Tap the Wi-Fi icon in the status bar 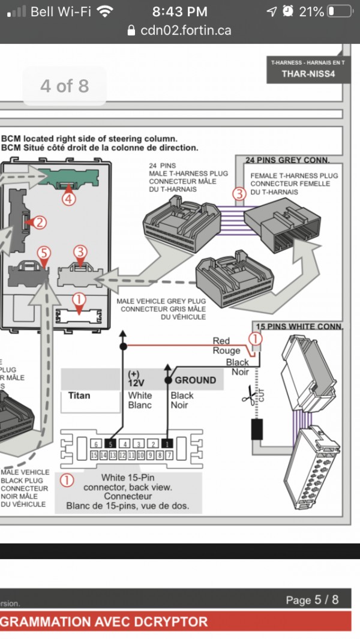(x=105, y=11)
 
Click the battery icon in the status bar (x=340, y=11)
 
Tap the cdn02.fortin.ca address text (x=185, y=31)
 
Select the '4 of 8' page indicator (x=64, y=86)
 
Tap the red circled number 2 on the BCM (x=38, y=223)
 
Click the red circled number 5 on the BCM (x=43, y=253)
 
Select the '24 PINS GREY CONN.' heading (x=287, y=160)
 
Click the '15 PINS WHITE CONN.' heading (x=299, y=326)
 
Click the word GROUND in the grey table (x=195, y=380)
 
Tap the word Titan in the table (x=79, y=395)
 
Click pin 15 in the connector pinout (x=94, y=455)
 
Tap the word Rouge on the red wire (x=226, y=350)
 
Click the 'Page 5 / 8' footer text (x=312, y=600)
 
